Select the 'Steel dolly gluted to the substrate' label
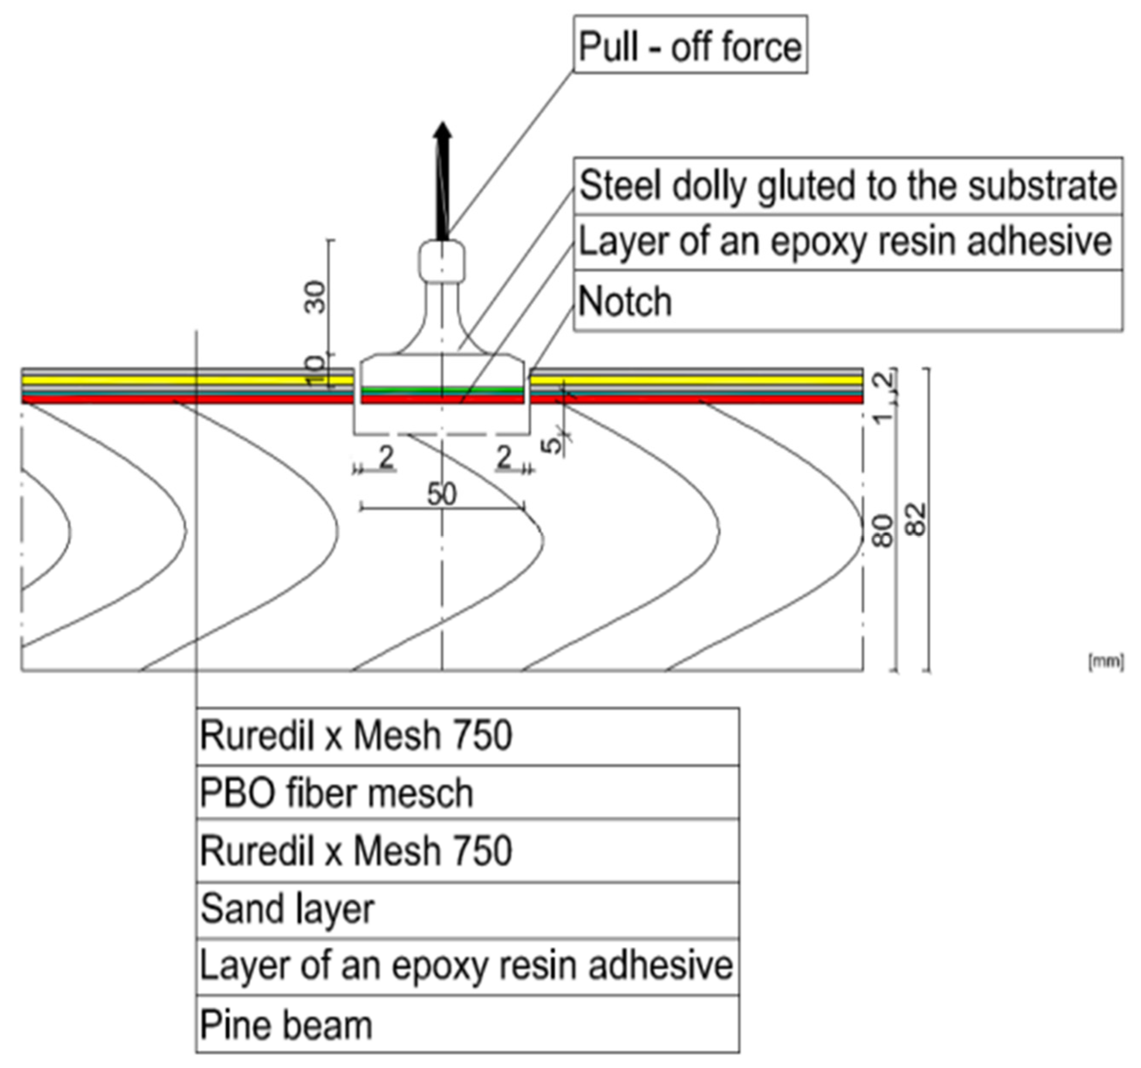[848, 186]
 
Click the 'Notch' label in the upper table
[625, 301]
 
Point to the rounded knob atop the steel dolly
[441, 261]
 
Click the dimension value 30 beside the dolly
[315, 296]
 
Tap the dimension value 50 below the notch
[441, 494]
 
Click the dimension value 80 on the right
[883, 531]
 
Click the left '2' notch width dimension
[386, 458]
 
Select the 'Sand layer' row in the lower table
[287, 909]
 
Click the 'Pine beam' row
[286, 1025]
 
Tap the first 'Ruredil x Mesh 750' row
[356, 736]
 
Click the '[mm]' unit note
[1106, 661]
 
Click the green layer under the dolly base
[442, 390]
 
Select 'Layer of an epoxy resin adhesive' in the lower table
[466, 966]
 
